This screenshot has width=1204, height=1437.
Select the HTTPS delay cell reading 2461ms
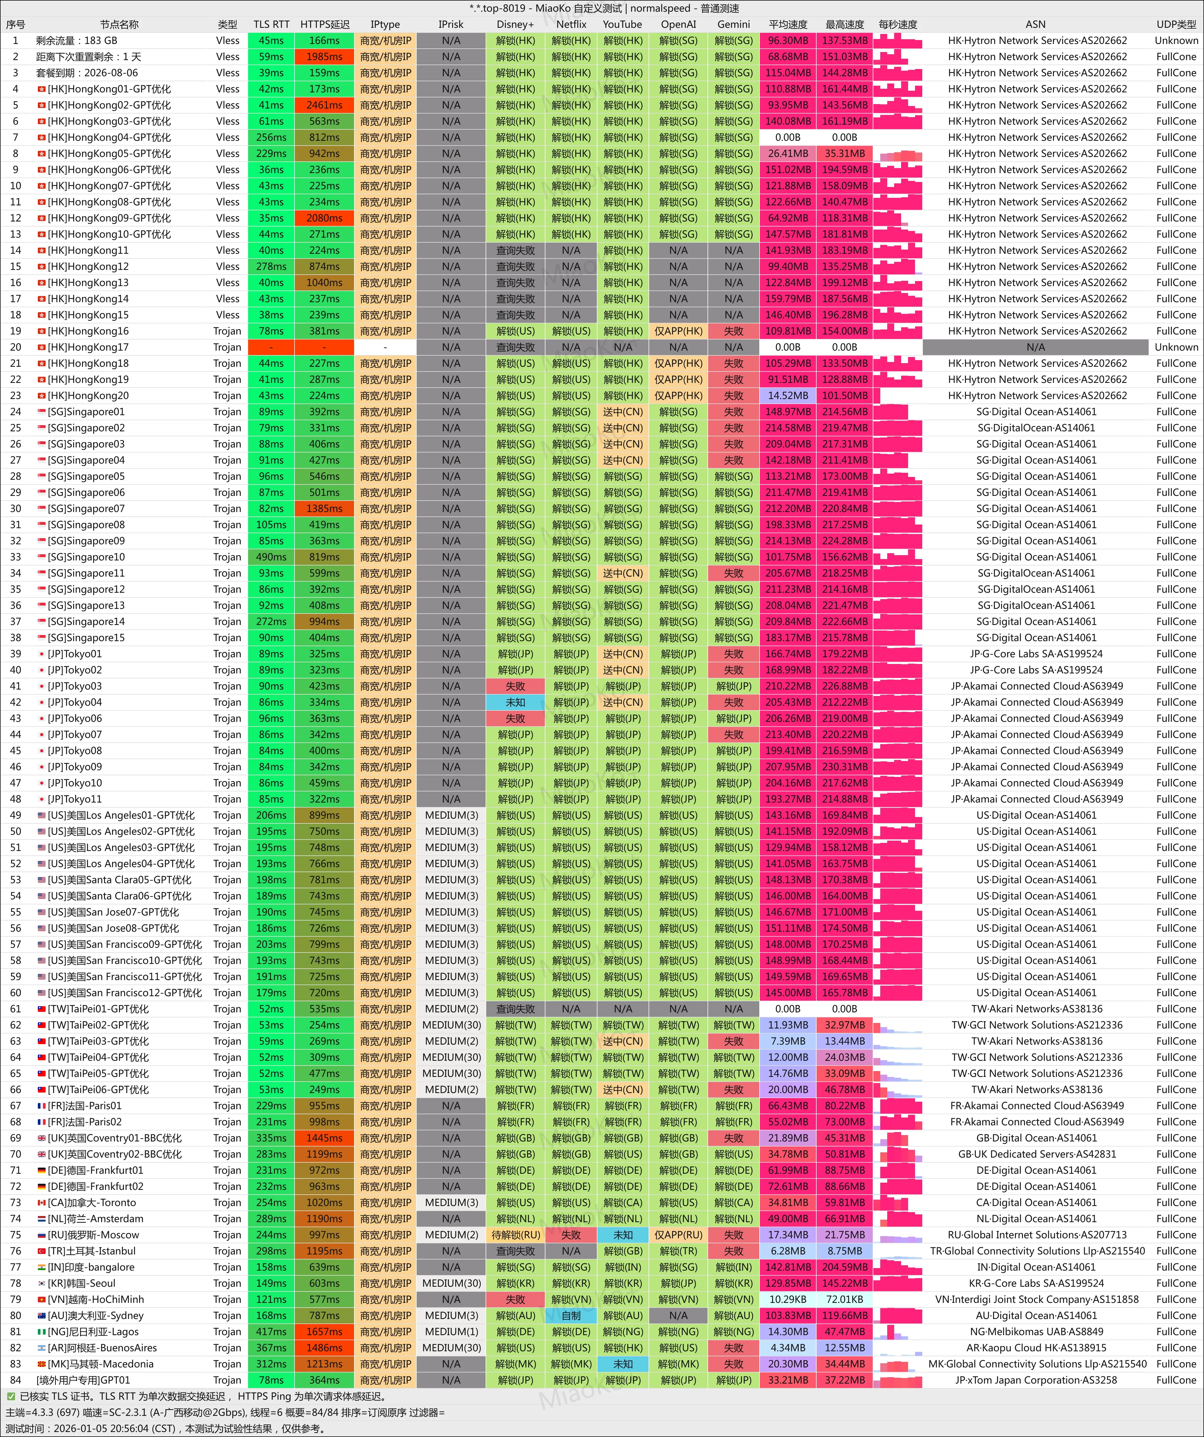click(x=324, y=105)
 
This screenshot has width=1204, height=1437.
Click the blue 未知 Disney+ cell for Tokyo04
click(x=515, y=702)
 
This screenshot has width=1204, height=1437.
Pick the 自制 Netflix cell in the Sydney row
click(x=570, y=1315)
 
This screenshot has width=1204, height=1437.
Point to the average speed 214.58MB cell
click(x=787, y=428)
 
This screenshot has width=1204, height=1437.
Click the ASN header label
click(x=1035, y=24)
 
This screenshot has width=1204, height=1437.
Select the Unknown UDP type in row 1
click(x=1176, y=40)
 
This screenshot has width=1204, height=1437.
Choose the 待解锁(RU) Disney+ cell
click(x=515, y=1234)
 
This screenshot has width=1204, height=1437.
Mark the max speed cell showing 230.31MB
click(x=844, y=766)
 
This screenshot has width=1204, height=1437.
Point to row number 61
click(x=15, y=1009)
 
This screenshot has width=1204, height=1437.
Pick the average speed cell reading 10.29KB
click(x=787, y=1299)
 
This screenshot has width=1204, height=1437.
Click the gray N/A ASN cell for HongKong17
click(x=1035, y=347)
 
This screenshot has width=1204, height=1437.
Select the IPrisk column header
click(x=451, y=24)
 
